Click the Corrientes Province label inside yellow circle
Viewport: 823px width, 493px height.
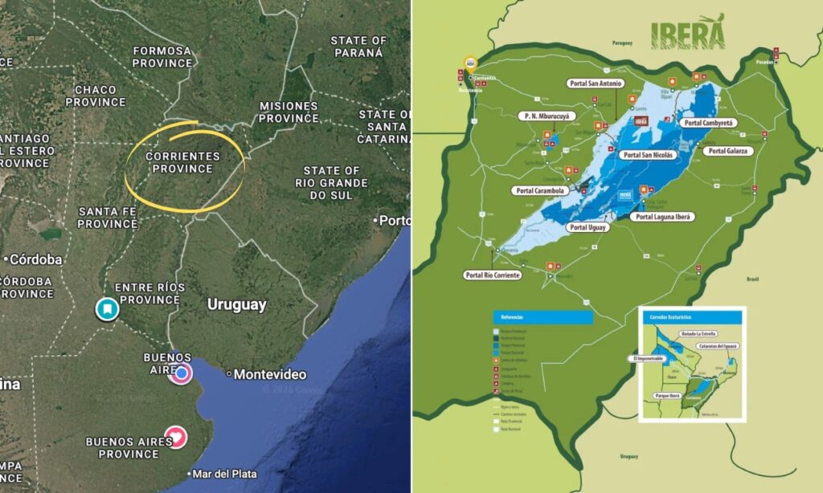(x=182, y=162)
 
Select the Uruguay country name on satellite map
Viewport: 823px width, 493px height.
(x=236, y=305)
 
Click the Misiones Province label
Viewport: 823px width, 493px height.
(x=289, y=112)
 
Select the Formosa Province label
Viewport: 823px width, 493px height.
(x=162, y=57)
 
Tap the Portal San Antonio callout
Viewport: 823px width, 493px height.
(x=595, y=84)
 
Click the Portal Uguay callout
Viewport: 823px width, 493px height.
(x=588, y=228)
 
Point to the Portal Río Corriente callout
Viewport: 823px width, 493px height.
(x=493, y=275)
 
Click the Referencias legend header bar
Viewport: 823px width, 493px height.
(x=543, y=317)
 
